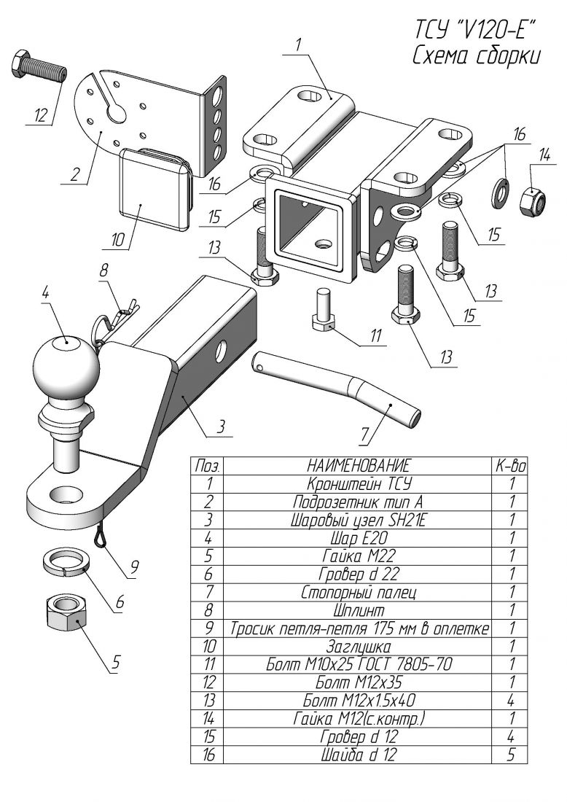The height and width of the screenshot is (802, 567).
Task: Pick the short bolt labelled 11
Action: (x=322, y=311)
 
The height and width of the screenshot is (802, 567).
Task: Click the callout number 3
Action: (x=220, y=427)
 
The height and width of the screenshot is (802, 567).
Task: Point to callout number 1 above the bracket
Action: (x=297, y=45)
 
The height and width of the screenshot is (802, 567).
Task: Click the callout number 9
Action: (x=134, y=567)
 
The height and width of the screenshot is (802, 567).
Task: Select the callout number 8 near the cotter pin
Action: (x=103, y=270)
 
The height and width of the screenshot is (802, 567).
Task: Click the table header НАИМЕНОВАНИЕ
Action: (x=358, y=465)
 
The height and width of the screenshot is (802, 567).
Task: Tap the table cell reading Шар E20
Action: (x=359, y=537)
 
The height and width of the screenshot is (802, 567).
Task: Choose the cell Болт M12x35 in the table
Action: (x=359, y=682)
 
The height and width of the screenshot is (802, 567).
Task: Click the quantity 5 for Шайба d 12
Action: (x=509, y=754)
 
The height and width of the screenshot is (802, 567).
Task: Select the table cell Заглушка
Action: (x=358, y=646)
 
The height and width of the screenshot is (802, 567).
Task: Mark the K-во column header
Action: (x=509, y=465)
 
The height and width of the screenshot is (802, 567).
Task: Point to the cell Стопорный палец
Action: (x=359, y=592)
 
